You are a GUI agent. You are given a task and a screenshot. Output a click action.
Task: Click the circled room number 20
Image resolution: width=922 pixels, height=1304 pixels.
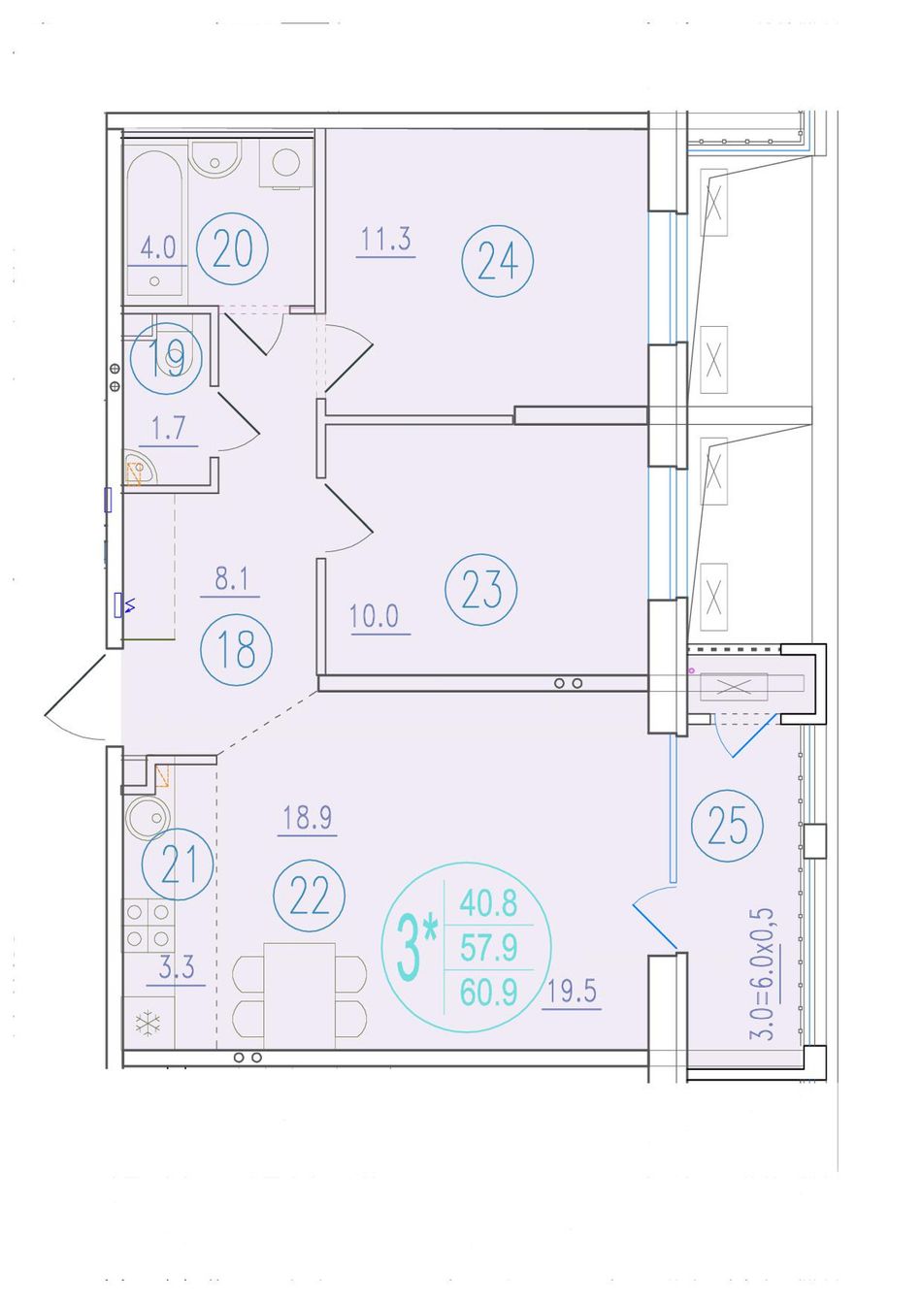(x=232, y=248)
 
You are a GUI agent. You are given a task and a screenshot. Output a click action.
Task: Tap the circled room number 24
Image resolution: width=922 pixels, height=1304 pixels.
(x=498, y=260)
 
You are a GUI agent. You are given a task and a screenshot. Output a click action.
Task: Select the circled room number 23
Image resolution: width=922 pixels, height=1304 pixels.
(x=481, y=589)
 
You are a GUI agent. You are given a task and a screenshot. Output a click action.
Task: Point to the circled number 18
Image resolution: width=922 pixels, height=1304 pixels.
(x=237, y=649)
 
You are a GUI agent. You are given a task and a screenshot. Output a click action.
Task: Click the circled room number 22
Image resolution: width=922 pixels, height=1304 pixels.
(x=310, y=896)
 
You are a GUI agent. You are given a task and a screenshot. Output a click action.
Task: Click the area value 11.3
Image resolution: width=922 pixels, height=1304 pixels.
(x=385, y=239)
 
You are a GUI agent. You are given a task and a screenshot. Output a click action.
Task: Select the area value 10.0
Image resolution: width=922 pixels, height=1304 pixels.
(x=374, y=616)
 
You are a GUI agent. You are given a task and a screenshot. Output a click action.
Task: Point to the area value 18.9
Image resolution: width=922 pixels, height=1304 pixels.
(x=308, y=817)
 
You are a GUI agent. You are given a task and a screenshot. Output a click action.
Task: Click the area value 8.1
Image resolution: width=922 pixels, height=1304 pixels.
(x=232, y=579)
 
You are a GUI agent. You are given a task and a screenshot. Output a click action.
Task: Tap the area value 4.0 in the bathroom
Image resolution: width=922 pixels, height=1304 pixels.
(x=158, y=247)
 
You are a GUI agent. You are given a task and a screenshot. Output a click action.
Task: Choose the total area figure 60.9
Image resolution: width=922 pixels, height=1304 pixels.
(x=489, y=993)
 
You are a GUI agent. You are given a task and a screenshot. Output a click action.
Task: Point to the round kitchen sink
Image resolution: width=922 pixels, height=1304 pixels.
(x=148, y=816)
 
